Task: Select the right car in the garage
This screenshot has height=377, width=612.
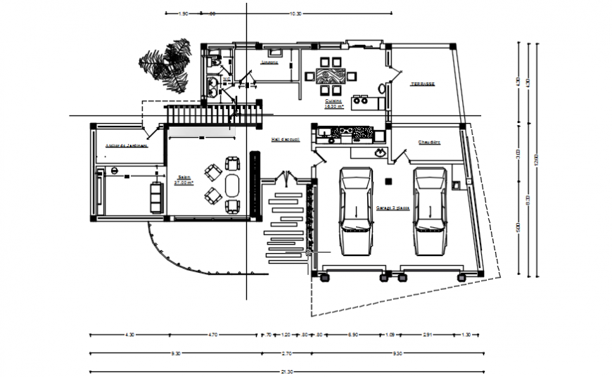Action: [x=430, y=210]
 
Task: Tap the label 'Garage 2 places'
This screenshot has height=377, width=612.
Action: [x=393, y=207]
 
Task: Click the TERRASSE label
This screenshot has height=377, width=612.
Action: [x=423, y=84]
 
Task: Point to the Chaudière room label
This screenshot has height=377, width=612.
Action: [x=428, y=142]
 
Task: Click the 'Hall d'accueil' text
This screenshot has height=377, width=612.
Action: [x=286, y=140]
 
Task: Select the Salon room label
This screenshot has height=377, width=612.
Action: [x=184, y=180]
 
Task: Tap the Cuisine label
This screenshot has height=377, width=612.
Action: [x=333, y=103]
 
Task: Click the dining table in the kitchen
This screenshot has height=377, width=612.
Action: [x=329, y=75]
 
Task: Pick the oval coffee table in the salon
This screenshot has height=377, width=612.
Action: [x=231, y=185]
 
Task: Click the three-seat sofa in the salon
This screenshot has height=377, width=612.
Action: [x=156, y=195]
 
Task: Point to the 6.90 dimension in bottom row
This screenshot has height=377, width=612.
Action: [x=354, y=334]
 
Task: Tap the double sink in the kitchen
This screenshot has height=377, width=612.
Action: [x=361, y=100]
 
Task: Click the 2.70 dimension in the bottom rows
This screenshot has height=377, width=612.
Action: [x=286, y=353]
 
